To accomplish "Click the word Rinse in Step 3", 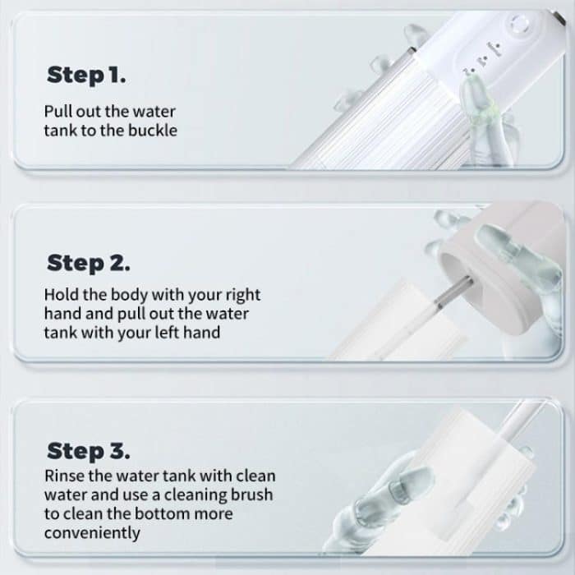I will click(x=65, y=476).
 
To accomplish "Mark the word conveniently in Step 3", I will click(x=92, y=533).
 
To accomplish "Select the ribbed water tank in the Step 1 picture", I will click(x=386, y=123).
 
